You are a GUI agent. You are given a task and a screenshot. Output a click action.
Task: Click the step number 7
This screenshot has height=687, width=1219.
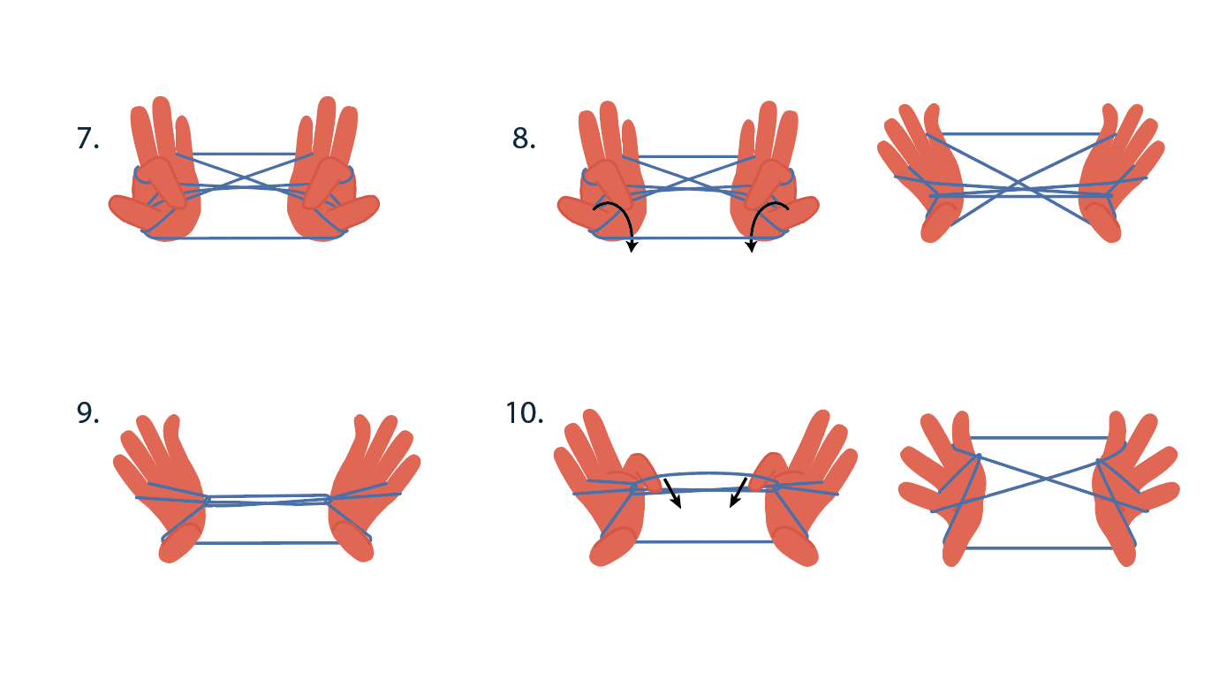coord(87,138)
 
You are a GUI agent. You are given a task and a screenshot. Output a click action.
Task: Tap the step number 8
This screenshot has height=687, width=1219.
coord(524,138)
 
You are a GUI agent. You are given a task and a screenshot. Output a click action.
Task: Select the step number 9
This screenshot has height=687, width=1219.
coord(87,413)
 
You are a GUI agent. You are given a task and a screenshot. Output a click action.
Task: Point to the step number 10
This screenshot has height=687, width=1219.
coord(525,413)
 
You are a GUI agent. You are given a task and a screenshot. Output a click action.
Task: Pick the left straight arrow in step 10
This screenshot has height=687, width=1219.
coord(672,494)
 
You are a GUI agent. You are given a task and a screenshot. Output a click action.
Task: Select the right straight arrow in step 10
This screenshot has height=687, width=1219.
coord(738,493)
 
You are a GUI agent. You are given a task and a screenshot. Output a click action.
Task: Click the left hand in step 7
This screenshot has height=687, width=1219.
coord(158,174)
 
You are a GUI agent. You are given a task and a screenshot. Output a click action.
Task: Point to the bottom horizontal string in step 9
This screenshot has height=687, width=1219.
coord(267,543)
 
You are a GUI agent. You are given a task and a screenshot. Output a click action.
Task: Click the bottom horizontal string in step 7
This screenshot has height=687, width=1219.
coord(244,238)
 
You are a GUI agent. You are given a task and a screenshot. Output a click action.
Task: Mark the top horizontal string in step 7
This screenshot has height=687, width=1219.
coord(244,154)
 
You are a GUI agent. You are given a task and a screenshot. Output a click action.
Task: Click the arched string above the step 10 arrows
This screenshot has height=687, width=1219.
coord(706,474)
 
